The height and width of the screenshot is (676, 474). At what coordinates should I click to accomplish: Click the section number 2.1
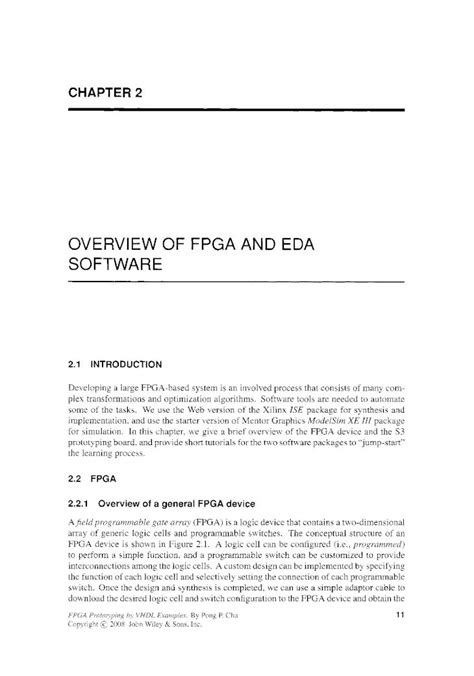(x=78, y=351)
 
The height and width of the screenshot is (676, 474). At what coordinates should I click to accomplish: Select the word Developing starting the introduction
(x=94, y=382)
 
